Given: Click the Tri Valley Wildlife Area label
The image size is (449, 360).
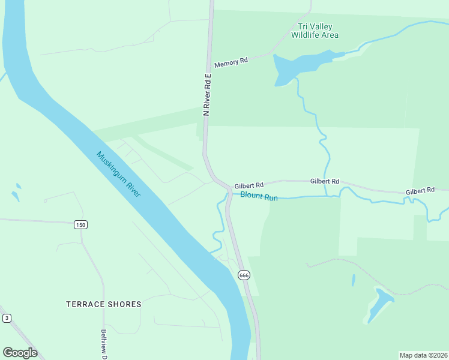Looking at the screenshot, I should click(315, 31).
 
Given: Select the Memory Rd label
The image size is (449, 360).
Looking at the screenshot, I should click(231, 62).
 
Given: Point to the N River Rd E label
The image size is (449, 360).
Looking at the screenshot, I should click(207, 94).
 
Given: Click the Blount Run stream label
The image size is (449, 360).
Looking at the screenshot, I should click(259, 196).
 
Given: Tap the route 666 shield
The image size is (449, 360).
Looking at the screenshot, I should click(243, 275).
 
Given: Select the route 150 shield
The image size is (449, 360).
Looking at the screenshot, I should click(81, 224).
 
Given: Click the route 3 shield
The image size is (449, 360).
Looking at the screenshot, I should click(7, 318).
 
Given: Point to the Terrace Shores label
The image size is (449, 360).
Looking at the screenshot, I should click(104, 304).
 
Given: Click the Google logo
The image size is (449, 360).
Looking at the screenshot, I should click(20, 353).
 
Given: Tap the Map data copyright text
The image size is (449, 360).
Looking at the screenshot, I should click(424, 355).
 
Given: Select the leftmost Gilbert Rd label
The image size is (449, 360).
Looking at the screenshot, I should click(249, 186).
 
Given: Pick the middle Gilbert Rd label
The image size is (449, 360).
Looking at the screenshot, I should click(325, 181).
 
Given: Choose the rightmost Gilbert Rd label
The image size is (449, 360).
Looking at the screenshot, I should click(420, 191).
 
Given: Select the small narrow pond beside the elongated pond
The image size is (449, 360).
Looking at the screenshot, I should click(354, 280).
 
